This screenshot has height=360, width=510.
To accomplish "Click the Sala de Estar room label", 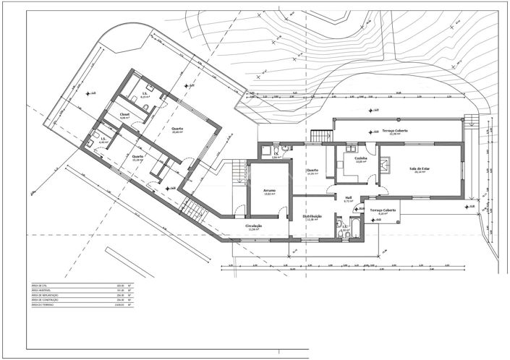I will pyautogui.click(x=415, y=169).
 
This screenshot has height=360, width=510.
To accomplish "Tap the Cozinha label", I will pyautogui.click(x=360, y=158).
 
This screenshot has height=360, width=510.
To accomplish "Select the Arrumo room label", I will pyautogui.click(x=269, y=191).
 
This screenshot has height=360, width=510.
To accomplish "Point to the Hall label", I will pyautogui.click(x=348, y=197).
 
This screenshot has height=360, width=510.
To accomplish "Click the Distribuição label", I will pyautogui.click(x=312, y=216).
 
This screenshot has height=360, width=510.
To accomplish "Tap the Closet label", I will pyautogui.click(x=124, y=114).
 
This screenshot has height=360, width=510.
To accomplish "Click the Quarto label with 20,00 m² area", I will pyautogui.click(x=177, y=129).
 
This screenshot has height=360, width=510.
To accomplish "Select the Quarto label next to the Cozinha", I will pyautogui.click(x=312, y=171).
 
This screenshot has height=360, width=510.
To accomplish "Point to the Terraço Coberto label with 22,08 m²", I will pyautogui.click(x=394, y=131).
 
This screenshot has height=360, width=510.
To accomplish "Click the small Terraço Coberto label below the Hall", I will pyautogui.click(x=381, y=210).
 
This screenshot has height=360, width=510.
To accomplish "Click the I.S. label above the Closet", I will pyautogui.click(x=145, y=93).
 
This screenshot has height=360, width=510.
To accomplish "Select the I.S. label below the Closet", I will pyautogui.click(x=103, y=139).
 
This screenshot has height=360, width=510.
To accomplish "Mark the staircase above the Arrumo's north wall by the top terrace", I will pyautogui.click(x=321, y=135).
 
